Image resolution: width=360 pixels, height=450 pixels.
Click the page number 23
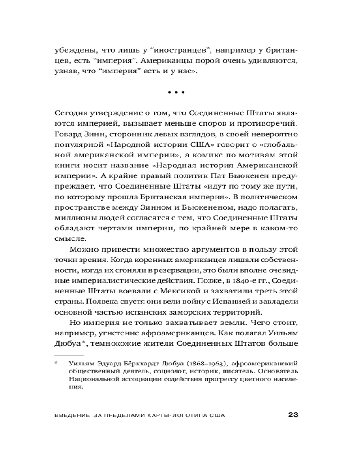[293, 414]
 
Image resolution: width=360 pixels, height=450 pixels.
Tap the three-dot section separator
[176, 92]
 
